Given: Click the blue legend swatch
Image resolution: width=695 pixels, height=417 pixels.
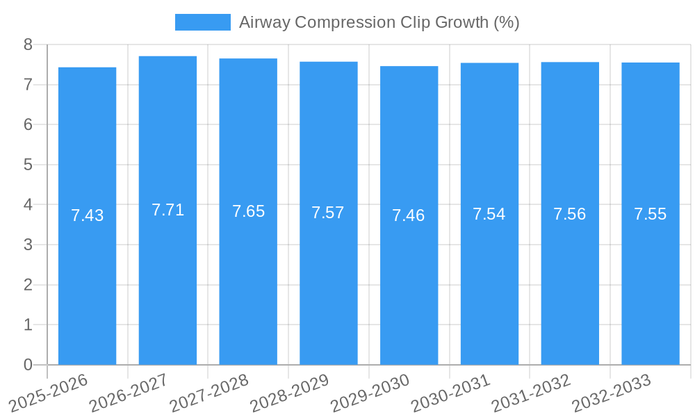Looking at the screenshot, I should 202,22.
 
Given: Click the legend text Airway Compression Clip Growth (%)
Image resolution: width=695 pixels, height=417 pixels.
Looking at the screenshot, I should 379,22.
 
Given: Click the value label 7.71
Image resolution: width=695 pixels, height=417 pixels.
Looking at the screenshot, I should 167,210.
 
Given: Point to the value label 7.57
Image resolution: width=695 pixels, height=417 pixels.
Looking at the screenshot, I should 328,213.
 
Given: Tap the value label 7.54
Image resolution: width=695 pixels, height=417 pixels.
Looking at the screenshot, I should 489,214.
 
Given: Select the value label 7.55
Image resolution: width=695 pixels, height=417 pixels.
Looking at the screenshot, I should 650,214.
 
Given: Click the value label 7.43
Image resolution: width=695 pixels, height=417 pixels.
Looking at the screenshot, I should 87,215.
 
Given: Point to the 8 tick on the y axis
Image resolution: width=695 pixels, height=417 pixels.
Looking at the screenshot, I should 28,44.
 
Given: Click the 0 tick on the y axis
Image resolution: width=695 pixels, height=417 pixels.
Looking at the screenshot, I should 28,365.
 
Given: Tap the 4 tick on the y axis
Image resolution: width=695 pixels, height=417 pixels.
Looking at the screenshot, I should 28,205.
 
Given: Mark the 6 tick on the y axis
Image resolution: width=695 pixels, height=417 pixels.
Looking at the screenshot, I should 28,124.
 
